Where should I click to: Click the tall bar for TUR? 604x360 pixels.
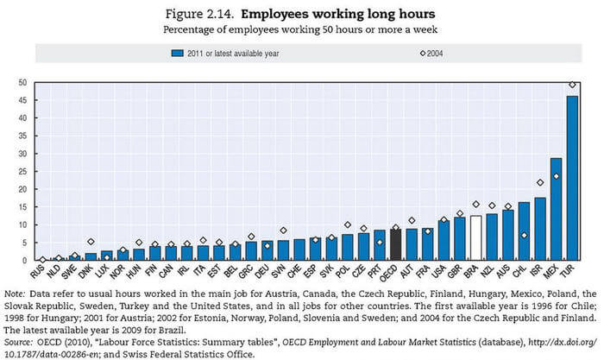click(x=571, y=178)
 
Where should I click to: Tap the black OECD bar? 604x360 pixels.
click(x=395, y=244)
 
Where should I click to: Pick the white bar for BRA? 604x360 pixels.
click(x=475, y=238)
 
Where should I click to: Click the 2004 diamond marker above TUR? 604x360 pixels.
click(x=571, y=85)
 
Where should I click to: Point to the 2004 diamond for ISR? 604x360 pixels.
click(x=539, y=182)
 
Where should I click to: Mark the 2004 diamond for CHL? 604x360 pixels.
click(x=524, y=235)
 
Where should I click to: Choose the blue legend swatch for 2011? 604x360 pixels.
click(x=177, y=53)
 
